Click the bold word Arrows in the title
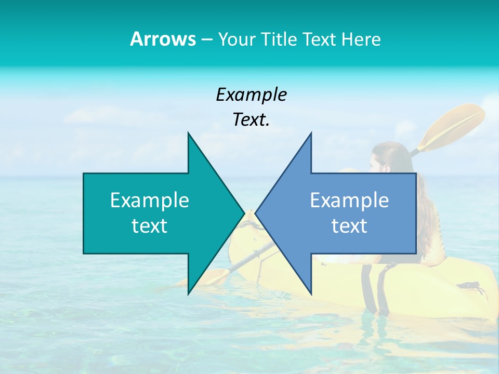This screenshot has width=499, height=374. (x=163, y=39)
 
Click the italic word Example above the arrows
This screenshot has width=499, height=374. (x=251, y=95)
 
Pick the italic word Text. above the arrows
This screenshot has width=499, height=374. (x=251, y=120)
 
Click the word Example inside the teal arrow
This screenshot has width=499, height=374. (x=150, y=200)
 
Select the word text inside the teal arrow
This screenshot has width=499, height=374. (x=150, y=225)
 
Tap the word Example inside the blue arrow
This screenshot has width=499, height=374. (x=349, y=200)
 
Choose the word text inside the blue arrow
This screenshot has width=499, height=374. (x=349, y=225)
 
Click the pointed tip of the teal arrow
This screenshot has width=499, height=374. (x=243, y=213)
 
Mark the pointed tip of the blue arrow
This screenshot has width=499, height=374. (x=256, y=213)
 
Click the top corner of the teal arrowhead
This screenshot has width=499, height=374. (x=189, y=133)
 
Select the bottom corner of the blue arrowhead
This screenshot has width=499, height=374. (x=311, y=293)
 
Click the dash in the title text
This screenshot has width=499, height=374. (x=206, y=39)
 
